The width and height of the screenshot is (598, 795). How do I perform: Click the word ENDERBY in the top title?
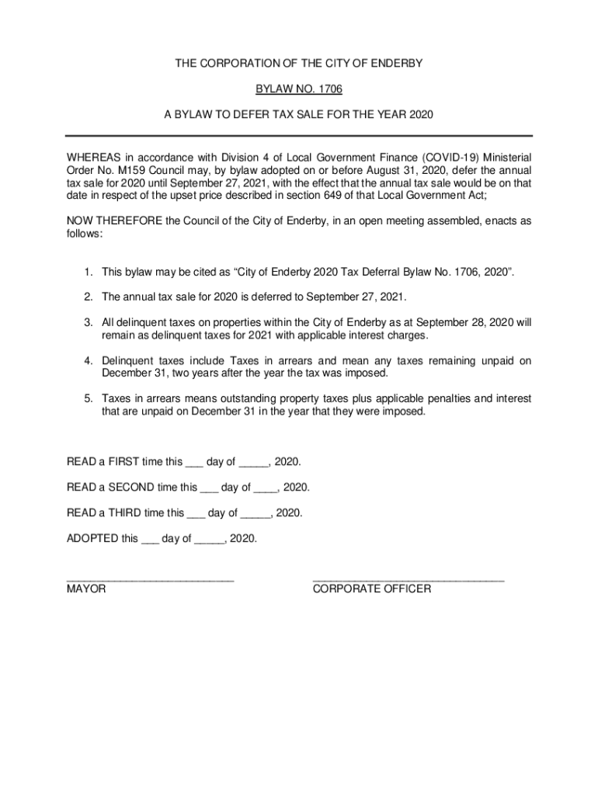(395, 64)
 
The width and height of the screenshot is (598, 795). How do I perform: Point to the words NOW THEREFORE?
(113, 220)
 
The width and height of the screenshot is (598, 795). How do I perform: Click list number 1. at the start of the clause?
(89, 272)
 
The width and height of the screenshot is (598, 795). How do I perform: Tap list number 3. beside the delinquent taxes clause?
(89, 322)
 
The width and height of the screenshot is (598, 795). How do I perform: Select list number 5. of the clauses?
(89, 398)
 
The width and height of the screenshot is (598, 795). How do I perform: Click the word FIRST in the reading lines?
(124, 462)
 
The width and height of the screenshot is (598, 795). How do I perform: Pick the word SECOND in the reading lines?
(130, 488)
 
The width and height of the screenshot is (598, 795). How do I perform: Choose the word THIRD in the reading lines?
(125, 512)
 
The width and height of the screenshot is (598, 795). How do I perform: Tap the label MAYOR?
(86, 589)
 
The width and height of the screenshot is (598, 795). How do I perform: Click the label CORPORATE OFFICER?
(371, 589)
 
